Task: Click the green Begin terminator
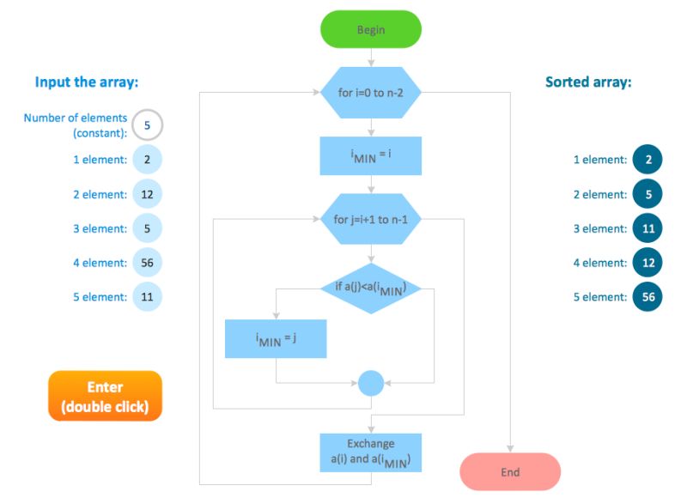pyautogui.click(x=371, y=29)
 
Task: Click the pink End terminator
pyautogui.click(x=510, y=472)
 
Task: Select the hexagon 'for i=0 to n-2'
pyautogui.click(x=371, y=92)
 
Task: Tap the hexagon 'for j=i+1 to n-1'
pyautogui.click(x=371, y=219)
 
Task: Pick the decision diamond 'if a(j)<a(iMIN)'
pyautogui.click(x=371, y=288)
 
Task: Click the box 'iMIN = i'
pyautogui.click(x=371, y=155)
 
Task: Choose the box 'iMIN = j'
pyautogui.click(x=276, y=339)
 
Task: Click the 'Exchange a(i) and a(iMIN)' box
pyautogui.click(x=371, y=452)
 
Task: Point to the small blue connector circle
pyautogui.click(x=371, y=382)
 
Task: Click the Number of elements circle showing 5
pyautogui.click(x=147, y=125)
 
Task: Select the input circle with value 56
pyautogui.click(x=147, y=263)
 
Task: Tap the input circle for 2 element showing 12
pyautogui.click(x=147, y=194)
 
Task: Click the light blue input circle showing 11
pyautogui.click(x=147, y=297)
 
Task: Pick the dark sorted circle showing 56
pyautogui.click(x=647, y=297)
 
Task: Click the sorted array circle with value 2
pyautogui.click(x=647, y=160)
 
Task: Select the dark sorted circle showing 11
pyautogui.click(x=647, y=228)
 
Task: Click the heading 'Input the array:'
pyautogui.click(x=87, y=82)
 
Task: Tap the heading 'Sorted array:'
pyautogui.click(x=588, y=82)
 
